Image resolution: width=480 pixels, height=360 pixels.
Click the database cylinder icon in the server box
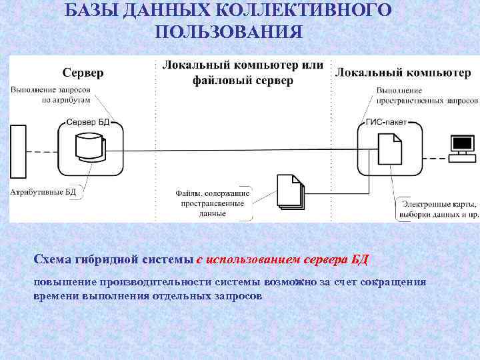tap(89, 147)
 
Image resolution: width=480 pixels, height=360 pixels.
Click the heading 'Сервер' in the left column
tap(83, 71)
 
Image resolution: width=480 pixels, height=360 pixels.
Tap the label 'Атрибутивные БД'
tap(43, 192)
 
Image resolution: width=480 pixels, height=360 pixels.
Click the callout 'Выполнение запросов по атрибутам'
tap(50, 95)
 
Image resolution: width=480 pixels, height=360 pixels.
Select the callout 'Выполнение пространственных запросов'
tap(427, 95)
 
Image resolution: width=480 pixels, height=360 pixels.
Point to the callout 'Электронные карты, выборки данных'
tap(438, 209)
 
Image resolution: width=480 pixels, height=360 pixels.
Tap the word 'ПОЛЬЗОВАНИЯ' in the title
tap(228, 31)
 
